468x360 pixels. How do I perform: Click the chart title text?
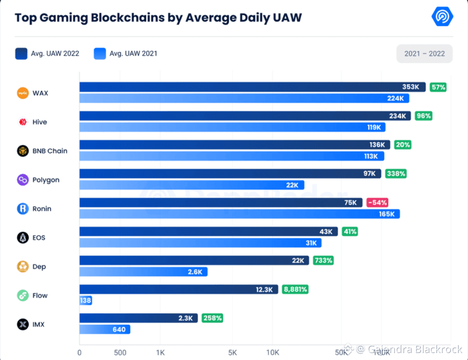[x=158, y=18]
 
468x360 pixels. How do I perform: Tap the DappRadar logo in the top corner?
[x=442, y=17]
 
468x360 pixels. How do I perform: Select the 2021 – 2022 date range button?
[x=424, y=54]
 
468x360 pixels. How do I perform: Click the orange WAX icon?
[x=23, y=93]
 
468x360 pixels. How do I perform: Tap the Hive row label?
[x=39, y=122]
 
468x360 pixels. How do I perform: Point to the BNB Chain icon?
[x=23, y=151]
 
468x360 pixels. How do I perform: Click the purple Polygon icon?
[x=23, y=180]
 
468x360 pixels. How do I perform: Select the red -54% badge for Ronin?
[x=377, y=203]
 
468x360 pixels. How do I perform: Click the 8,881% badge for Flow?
[x=295, y=289]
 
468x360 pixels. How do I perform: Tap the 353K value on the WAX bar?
[x=410, y=87]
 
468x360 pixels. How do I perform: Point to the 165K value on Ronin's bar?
[x=387, y=214]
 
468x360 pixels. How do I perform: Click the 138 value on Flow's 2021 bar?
[x=85, y=301]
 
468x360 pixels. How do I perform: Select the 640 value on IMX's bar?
[x=119, y=330]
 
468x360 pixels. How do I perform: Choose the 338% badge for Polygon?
[x=396, y=173]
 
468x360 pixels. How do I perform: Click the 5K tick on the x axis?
[x=232, y=352]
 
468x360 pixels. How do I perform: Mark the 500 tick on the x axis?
[x=120, y=352]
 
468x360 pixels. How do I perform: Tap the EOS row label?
[x=39, y=238]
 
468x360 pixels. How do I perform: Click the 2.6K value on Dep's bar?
[x=195, y=272]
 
